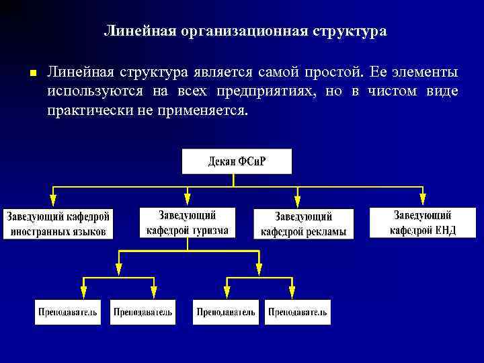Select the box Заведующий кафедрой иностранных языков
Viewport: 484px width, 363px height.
[58, 224]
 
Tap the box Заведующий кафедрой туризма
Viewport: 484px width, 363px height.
[188, 223]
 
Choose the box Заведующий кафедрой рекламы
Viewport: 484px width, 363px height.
[303, 224]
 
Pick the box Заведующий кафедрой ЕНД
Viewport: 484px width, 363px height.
[423, 223]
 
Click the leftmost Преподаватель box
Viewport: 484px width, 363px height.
[68, 312]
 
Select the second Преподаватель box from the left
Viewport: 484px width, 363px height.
[143, 312]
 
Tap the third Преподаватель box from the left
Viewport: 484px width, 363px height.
[226, 312]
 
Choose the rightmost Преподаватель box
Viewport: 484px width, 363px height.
[298, 312]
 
